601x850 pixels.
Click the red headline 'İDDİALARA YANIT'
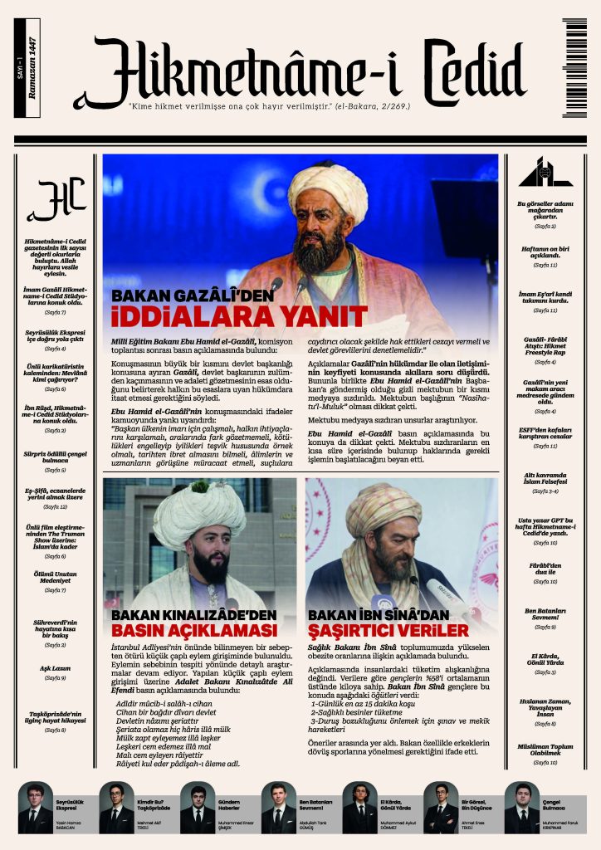[239, 315]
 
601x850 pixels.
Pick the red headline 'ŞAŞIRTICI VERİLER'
[388, 632]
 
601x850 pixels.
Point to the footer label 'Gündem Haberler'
[228, 804]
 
